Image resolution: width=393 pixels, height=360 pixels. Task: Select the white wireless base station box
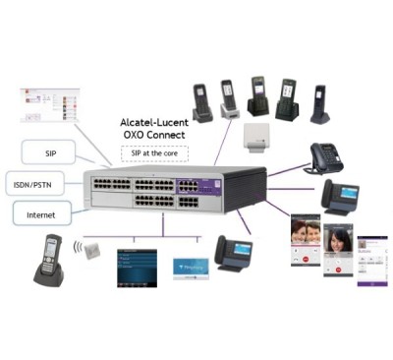pyautogui.click(x=254, y=136)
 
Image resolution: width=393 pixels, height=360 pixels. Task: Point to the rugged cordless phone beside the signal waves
pyautogui.click(x=50, y=259)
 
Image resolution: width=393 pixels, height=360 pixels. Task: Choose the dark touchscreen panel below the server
pyautogui.click(x=137, y=268)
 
